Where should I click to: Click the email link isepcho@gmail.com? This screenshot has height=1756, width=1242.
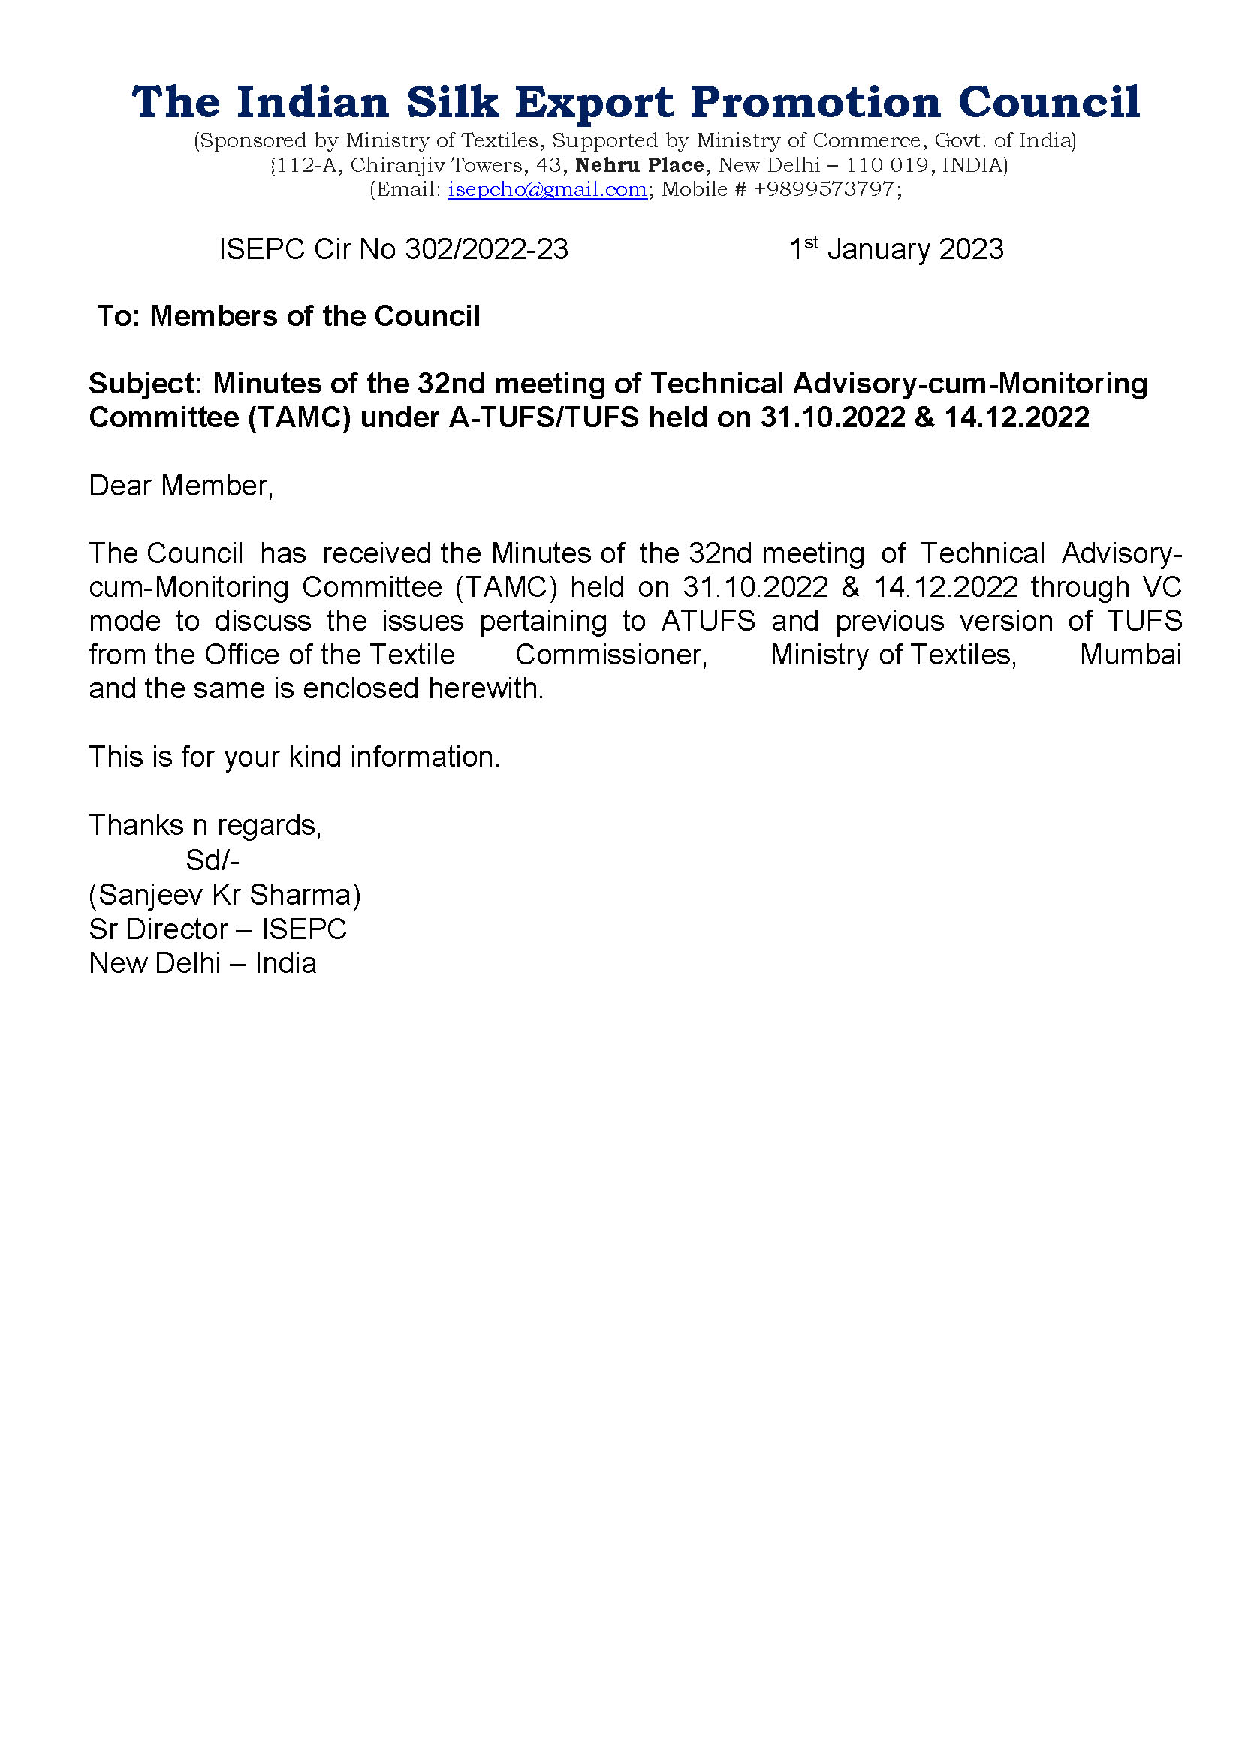click(x=547, y=189)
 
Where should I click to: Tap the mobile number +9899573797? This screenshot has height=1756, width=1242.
click(x=824, y=189)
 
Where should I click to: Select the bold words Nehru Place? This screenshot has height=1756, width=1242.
click(x=639, y=164)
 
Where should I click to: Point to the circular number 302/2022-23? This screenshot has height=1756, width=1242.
click(x=487, y=249)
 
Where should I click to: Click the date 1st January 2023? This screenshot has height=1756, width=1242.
click(x=896, y=249)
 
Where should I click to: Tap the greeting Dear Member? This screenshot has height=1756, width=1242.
click(x=181, y=486)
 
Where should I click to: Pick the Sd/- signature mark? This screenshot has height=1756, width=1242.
click(x=213, y=860)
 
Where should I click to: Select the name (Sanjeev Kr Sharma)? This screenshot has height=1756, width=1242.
click(x=225, y=894)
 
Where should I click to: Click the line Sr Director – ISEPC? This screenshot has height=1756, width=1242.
click(x=218, y=929)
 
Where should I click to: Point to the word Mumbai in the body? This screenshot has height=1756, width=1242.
click(x=1130, y=655)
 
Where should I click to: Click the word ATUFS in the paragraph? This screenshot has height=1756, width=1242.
click(x=708, y=621)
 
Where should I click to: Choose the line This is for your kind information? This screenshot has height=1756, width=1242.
click(x=294, y=757)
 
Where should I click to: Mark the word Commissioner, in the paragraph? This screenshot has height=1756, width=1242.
click(x=611, y=655)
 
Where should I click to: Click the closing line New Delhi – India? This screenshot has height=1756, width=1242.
click(x=203, y=963)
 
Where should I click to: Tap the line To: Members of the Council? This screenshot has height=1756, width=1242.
click(x=288, y=316)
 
